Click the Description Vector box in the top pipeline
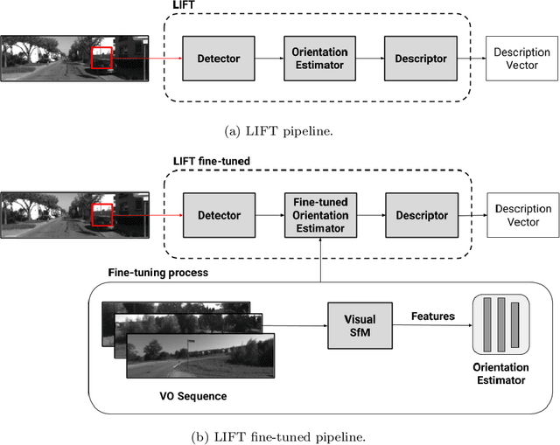click(x=521, y=59)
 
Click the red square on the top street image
click(x=102, y=59)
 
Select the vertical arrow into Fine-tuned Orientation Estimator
click(x=321, y=260)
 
